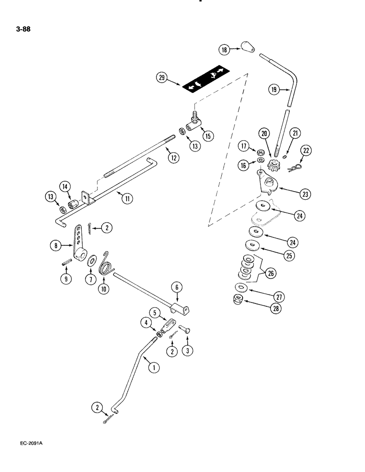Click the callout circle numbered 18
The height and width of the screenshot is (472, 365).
pos(224,49)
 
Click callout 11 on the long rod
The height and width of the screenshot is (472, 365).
pos(126,199)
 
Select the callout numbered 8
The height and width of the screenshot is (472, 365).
pos(56,245)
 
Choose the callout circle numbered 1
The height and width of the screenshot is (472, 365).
pos(153,366)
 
